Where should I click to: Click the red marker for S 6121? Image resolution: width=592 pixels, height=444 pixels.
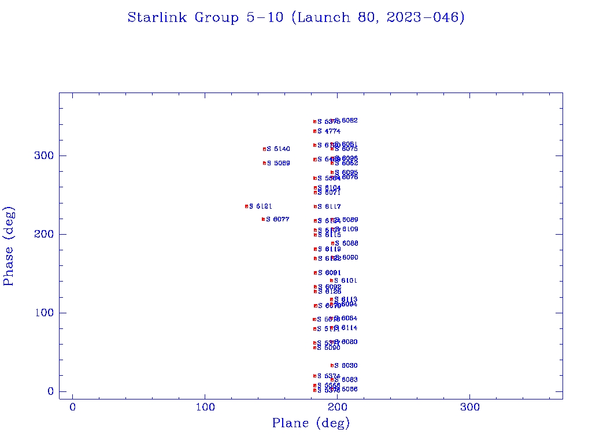246,206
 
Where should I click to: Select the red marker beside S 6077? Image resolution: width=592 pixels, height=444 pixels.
263,219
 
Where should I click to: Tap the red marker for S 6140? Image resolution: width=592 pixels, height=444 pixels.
264,149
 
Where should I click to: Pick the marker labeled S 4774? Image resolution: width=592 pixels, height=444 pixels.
314,131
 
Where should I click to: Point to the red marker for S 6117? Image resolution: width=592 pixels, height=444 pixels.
315,206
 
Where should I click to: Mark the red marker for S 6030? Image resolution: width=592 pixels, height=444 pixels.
332,365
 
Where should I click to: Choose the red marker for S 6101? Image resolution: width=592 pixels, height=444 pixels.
331,280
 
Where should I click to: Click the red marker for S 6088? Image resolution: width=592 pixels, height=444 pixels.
332,243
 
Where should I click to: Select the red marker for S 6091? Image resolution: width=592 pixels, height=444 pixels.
315,272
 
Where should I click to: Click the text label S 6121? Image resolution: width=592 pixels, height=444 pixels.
261,206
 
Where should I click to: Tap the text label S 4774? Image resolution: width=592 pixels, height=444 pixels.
329,131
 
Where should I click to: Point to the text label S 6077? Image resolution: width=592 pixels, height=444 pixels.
278,219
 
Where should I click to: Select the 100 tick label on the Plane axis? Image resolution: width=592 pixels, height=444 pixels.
205,408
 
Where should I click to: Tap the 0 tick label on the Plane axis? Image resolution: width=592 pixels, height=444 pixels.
73,408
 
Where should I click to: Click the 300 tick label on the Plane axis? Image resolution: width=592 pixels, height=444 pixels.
469,408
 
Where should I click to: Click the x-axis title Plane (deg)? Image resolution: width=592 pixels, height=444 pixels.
311,424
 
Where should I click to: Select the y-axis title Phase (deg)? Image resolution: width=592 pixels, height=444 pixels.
9,246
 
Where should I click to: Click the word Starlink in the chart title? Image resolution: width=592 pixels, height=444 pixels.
157,17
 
